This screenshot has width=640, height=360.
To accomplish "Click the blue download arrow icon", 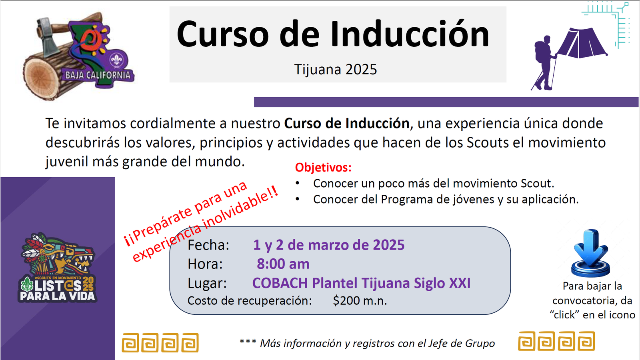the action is pyautogui.click(x=590, y=253).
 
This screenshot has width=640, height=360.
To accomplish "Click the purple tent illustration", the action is pyautogui.click(x=582, y=42).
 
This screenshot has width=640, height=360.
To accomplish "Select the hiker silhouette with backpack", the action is pyautogui.click(x=544, y=63).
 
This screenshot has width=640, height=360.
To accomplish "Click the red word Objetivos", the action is pyautogui.click(x=323, y=168).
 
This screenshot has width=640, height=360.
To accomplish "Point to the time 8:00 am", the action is pyautogui.click(x=283, y=264).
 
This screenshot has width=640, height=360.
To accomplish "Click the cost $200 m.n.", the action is pyautogui.click(x=360, y=300).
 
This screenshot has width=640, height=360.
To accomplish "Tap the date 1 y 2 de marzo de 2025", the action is pyautogui.click(x=328, y=245).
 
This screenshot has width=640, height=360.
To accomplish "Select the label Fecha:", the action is pyautogui.click(x=208, y=245).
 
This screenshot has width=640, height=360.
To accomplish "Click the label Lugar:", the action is pyautogui.click(x=207, y=283).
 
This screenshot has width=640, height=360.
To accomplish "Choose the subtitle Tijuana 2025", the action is pyautogui.click(x=336, y=70).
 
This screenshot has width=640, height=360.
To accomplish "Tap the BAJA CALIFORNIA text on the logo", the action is pyautogui.click(x=98, y=75).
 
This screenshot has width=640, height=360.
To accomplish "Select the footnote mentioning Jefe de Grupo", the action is pyautogui.click(x=367, y=343).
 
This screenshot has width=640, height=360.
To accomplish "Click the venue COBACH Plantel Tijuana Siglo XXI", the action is pyautogui.click(x=361, y=283).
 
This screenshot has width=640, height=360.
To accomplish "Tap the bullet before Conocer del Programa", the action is pyautogui.click(x=298, y=199).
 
